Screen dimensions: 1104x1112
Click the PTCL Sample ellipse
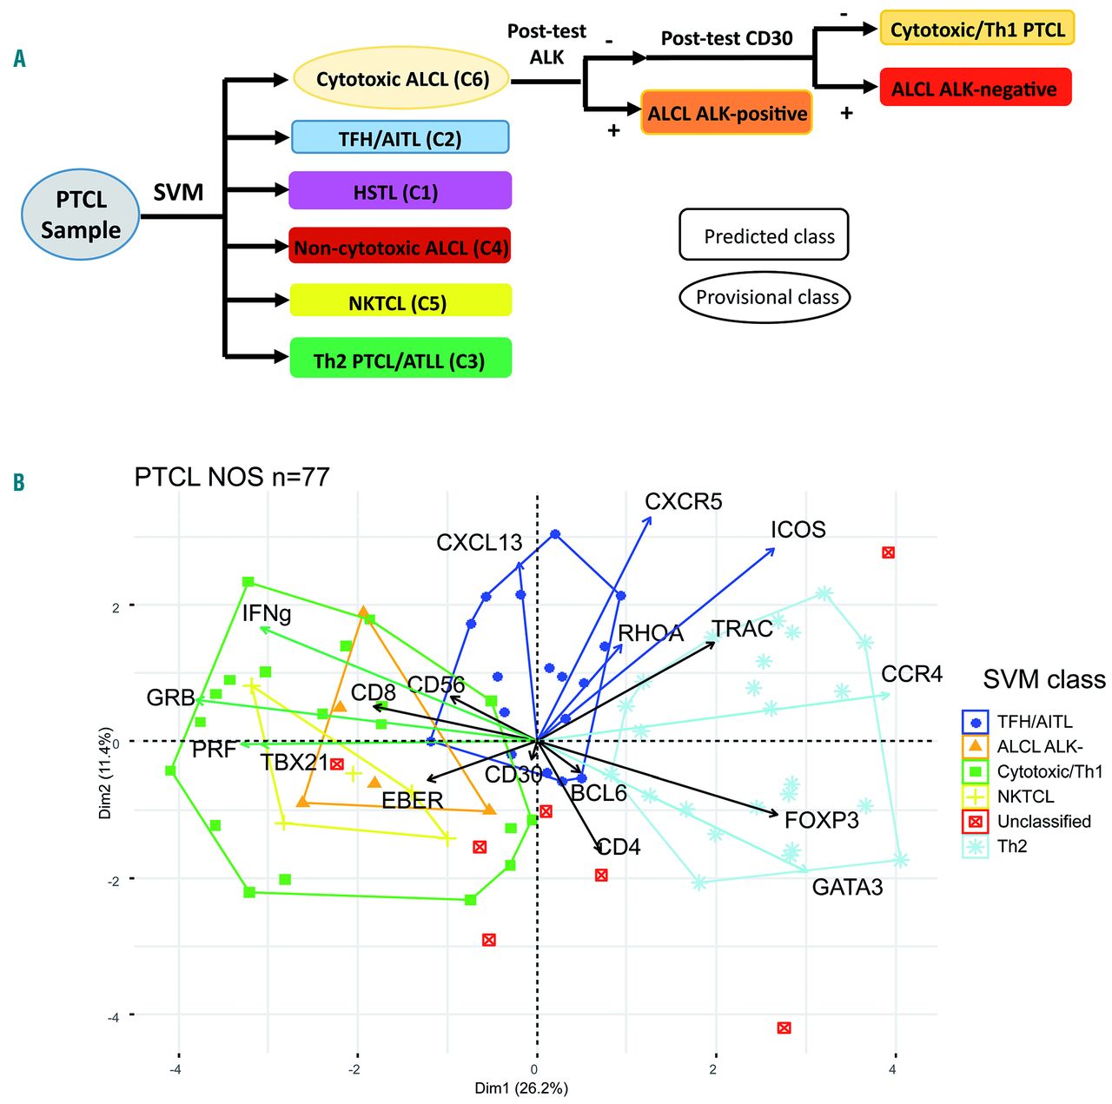[80, 215]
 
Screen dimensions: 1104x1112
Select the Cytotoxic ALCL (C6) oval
[402, 79]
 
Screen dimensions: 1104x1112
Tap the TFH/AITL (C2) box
[400, 138]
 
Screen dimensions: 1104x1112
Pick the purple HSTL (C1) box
[400, 191]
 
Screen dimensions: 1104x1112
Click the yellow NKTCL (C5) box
[400, 301]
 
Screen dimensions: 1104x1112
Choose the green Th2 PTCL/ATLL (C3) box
[400, 359]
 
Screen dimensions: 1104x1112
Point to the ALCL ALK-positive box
[726, 113]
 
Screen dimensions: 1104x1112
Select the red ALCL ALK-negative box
[975, 88]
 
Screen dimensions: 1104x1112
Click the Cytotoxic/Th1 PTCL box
[977, 29]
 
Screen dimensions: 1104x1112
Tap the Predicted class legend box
[764, 235]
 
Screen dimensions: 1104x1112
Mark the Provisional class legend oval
[764, 297]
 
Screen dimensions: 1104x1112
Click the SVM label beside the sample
[178, 192]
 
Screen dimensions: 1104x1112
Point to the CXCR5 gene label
[683, 502]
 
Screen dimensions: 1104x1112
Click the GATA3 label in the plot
[847, 887]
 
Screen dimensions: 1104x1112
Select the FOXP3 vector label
[821, 820]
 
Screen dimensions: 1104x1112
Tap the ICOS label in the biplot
[798, 530]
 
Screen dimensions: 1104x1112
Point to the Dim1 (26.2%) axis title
[521, 1087]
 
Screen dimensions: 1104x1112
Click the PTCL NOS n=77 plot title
[232, 477]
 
